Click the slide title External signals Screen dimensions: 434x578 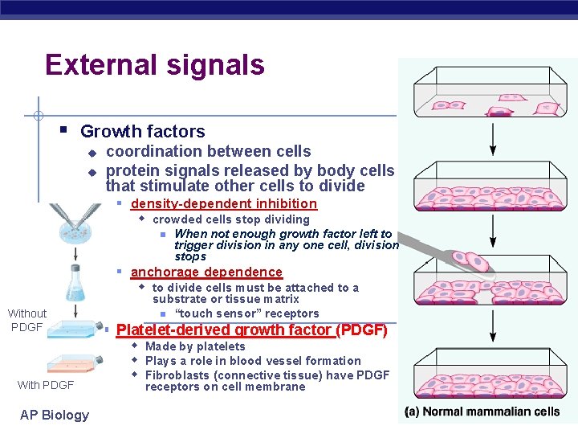pyautogui.click(x=155, y=65)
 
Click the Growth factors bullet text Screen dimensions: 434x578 pyautogui.click(x=142, y=131)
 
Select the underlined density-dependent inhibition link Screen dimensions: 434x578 pyautogui.click(x=223, y=204)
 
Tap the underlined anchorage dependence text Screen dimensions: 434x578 pyautogui.click(x=206, y=272)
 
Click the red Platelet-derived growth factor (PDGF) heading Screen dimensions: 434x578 pyautogui.click(x=251, y=330)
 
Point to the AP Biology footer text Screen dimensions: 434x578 pyautogui.click(x=55, y=415)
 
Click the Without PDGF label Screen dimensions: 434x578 pyautogui.click(x=27, y=320)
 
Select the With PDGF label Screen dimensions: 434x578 pyautogui.click(x=46, y=385)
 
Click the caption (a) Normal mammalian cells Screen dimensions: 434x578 pyautogui.click(x=482, y=411)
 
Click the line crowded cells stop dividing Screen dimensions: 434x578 pyautogui.click(x=230, y=219)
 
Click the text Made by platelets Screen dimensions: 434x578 pyautogui.click(x=195, y=346)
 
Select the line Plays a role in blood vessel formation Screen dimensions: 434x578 pyautogui.click(x=253, y=361)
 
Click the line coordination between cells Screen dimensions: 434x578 pyautogui.click(x=208, y=151)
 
